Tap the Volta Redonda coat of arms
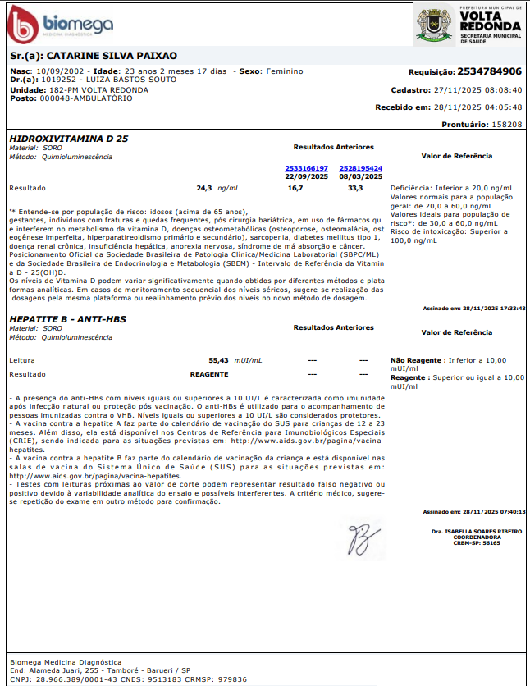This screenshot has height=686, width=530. (x=434, y=23)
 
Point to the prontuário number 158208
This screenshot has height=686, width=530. (x=505, y=124)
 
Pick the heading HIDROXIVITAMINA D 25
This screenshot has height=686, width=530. (x=68, y=139)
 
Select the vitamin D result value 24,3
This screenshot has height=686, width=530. (x=204, y=188)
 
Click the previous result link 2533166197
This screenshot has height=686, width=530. (x=306, y=168)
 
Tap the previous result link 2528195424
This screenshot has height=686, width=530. (x=361, y=168)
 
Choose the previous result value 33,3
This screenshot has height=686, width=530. (x=355, y=188)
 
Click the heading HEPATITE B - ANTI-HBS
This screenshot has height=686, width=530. (x=67, y=318)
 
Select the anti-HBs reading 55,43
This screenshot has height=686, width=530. (x=218, y=360)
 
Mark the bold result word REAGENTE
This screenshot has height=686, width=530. (x=209, y=374)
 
